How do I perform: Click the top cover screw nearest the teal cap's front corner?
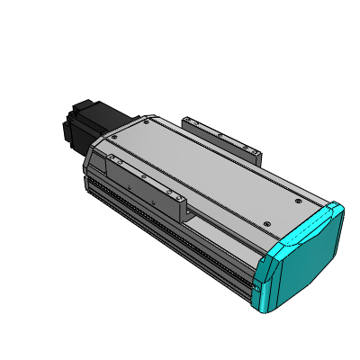pyautogui.click(x=265, y=223)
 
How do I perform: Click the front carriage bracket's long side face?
pyautogui.click(x=144, y=184)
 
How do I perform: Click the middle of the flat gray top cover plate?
pyautogui.click(x=207, y=171)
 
